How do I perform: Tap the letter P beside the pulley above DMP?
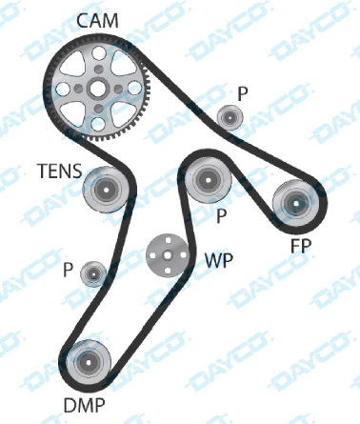click(67, 269)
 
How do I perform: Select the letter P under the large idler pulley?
click(221, 216)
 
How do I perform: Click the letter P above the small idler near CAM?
click(243, 92)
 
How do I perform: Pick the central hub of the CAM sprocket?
click(96, 90)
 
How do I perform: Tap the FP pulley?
click(295, 202)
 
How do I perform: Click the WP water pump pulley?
click(167, 254)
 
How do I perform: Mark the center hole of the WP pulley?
click(167, 254)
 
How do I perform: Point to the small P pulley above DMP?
click(93, 273)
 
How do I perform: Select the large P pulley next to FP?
click(207, 178)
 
